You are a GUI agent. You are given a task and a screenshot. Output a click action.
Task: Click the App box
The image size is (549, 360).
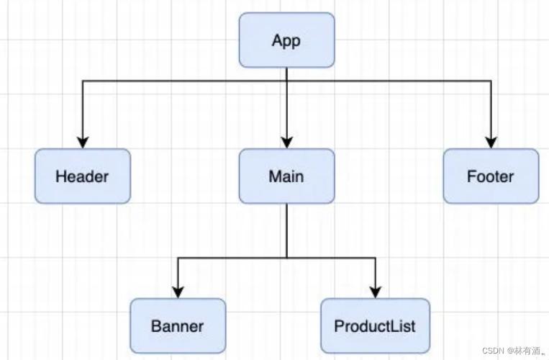click(286, 40)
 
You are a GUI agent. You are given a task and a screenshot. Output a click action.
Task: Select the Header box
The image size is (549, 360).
click(83, 176)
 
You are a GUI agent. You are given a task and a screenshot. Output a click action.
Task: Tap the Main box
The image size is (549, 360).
click(286, 176)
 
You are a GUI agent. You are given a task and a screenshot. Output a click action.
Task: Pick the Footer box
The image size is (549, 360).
click(491, 176)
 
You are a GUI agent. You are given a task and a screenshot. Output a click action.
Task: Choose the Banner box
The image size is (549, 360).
click(178, 325)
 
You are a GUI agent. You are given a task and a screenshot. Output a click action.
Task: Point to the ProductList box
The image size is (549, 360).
click(375, 325)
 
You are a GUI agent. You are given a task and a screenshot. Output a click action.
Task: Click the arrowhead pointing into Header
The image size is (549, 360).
click(83, 142)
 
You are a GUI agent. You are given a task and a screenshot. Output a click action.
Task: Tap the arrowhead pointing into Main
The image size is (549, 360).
click(286, 142)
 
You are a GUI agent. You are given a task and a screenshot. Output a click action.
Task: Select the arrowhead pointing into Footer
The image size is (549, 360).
click(491, 142)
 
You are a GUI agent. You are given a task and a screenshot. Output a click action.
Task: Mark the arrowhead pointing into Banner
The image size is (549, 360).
click(178, 292)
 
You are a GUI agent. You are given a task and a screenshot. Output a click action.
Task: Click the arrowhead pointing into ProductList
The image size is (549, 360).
click(375, 292)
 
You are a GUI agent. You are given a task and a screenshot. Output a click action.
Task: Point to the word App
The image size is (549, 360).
click(286, 40)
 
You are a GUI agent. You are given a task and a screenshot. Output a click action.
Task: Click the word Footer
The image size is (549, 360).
click(491, 176)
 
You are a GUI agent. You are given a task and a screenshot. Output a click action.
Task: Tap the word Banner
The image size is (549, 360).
click(178, 325)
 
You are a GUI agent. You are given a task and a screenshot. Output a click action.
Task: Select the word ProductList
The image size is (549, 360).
click(375, 325)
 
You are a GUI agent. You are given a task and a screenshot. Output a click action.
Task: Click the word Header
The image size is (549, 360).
click(83, 176)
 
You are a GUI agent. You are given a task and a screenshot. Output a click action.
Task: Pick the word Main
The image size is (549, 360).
click(286, 176)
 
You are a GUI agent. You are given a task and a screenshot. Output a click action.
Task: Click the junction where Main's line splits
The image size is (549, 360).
click(286, 257)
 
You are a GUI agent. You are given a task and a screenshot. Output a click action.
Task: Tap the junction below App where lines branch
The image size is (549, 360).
click(286, 81)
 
